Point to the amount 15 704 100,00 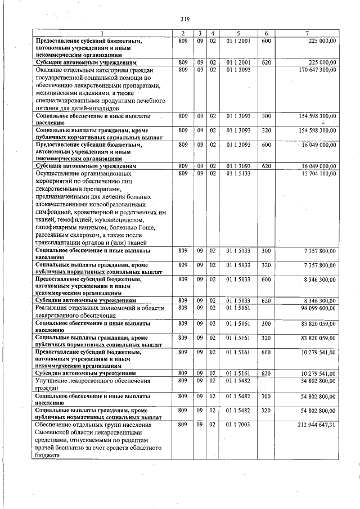click(317, 174)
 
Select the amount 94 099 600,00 click(317, 308)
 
